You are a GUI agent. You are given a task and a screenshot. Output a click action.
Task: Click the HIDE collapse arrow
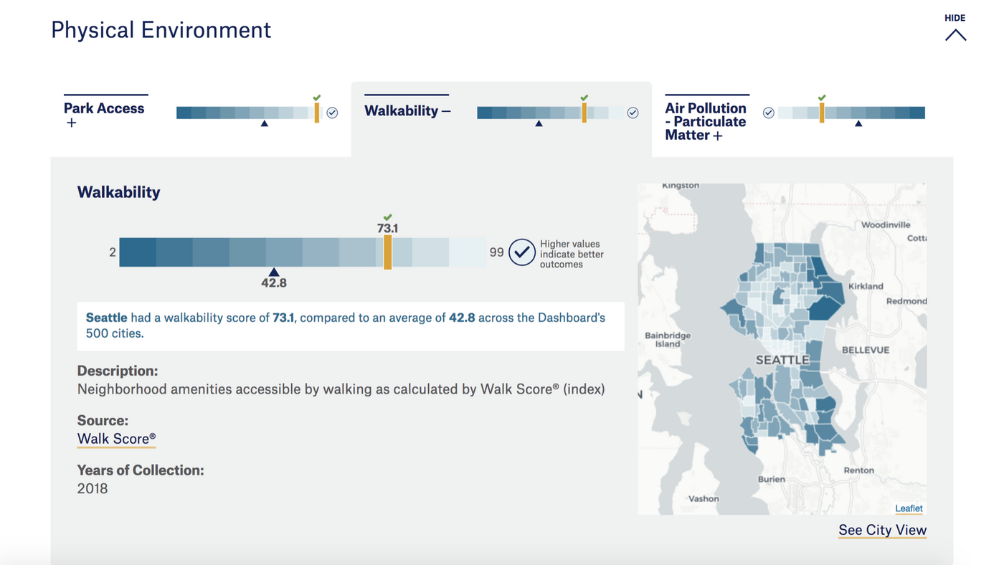point(955,35)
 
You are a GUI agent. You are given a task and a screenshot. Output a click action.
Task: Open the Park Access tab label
point(104,108)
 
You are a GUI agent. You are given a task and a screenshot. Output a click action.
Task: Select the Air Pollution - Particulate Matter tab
point(706,121)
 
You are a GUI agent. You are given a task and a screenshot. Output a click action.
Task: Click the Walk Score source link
point(116,439)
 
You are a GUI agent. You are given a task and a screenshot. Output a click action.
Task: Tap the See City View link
point(882,530)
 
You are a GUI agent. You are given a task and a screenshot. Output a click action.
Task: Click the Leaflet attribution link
point(909,508)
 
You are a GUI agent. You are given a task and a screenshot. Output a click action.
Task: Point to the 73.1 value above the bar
point(387,229)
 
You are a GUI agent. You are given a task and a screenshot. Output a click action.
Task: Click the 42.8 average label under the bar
point(274,282)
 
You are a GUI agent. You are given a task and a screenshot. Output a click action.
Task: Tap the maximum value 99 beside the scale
point(496,252)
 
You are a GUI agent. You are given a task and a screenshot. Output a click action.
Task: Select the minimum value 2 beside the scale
point(113,252)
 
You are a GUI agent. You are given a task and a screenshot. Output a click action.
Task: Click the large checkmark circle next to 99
point(522,252)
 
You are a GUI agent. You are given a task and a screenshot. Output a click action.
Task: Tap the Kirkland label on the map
point(866,286)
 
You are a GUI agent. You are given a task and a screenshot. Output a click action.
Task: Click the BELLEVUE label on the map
point(866,350)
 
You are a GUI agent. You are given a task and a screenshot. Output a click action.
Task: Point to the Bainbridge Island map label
point(668,340)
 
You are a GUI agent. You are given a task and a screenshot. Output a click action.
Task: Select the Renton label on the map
point(859,470)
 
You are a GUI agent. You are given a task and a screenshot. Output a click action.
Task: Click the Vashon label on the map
point(704,499)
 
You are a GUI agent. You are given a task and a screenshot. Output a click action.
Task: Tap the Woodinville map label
point(885,225)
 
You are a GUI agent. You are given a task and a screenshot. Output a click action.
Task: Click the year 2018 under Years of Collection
point(93,488)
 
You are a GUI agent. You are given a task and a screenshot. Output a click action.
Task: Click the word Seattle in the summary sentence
point(107,318)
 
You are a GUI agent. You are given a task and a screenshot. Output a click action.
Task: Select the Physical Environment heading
point(161,30)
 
